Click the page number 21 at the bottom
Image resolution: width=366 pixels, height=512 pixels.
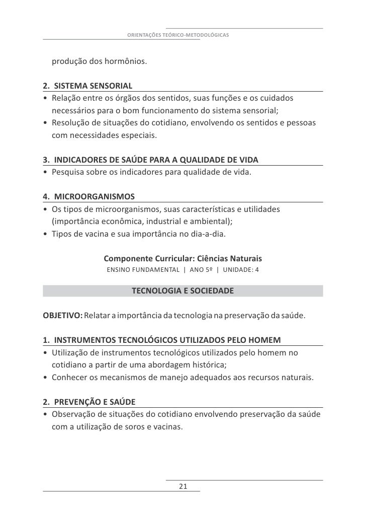182,486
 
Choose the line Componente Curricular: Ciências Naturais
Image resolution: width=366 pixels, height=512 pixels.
182,259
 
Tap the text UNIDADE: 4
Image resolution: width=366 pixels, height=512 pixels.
241,270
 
